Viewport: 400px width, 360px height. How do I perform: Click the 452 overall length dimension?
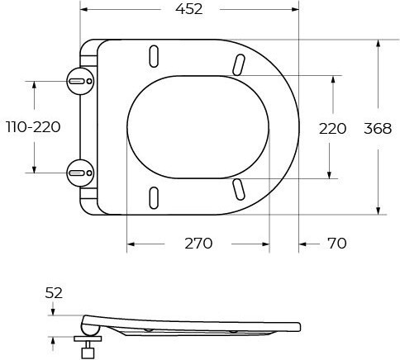tap(189, 9)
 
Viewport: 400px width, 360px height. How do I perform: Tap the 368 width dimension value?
tap(378, 129)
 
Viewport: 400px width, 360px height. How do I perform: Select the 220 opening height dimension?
tap(332, 129)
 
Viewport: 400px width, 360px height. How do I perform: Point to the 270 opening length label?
tap(198, 244)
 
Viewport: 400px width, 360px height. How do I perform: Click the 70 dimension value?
tap(337, 244)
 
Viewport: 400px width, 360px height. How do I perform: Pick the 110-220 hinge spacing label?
tap(33, 127)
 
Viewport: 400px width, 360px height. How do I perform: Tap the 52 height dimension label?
tap(54, 293)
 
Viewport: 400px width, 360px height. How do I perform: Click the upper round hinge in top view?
tap(80, 81)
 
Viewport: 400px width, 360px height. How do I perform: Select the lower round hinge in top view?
tap(80, 173)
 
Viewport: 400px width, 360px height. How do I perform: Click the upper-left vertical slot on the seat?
tap(154, 56)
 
